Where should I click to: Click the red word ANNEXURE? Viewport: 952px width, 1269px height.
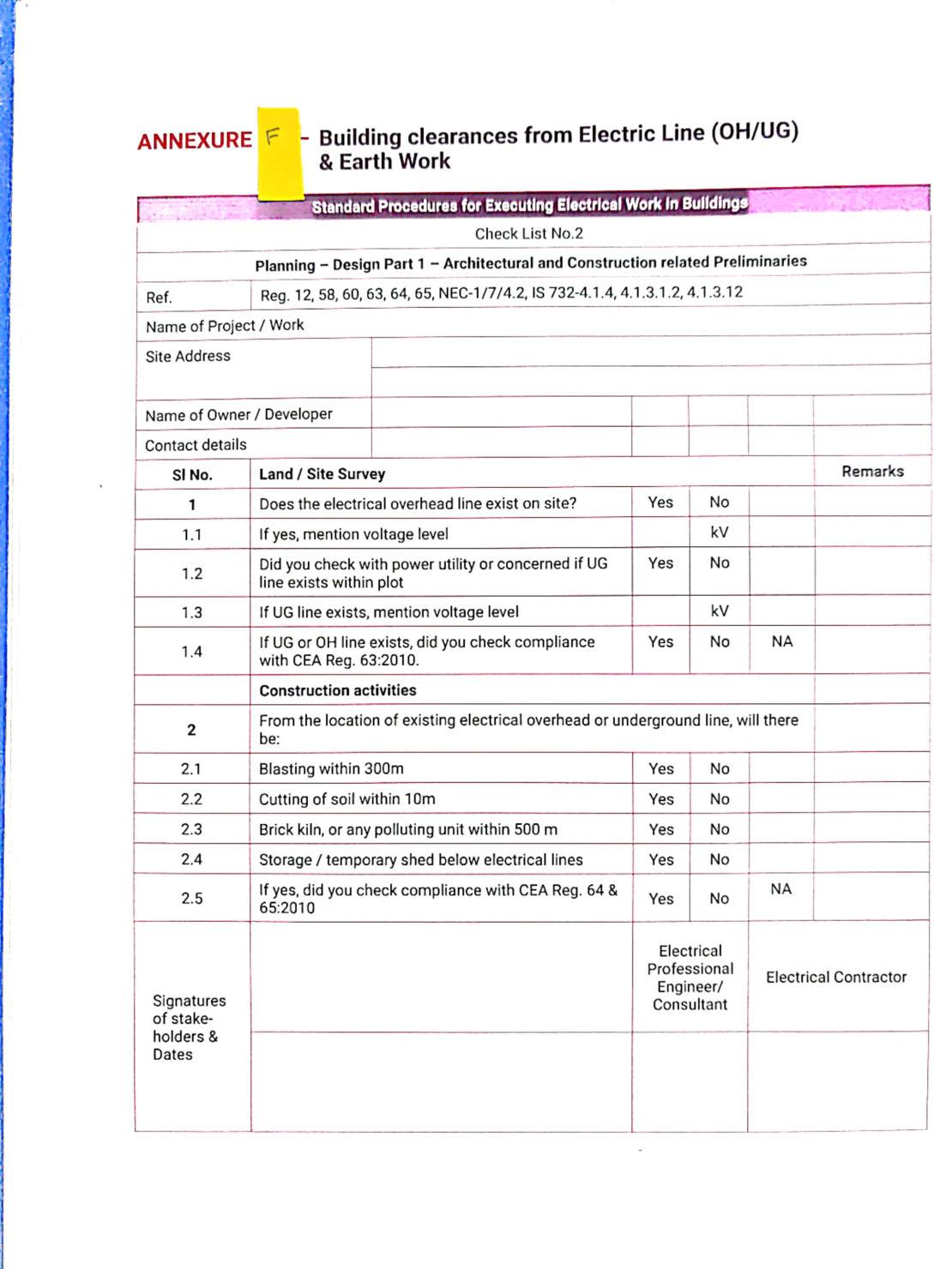coord(194,141)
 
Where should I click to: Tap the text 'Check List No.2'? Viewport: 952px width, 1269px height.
coord(528,233)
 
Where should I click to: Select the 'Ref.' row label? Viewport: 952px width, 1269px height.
coord(159,298)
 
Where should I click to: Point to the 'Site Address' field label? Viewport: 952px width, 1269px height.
coord(188,356)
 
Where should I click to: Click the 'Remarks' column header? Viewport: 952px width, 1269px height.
coord(872,472)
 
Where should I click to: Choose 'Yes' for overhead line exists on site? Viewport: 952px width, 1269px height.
coord(660,502)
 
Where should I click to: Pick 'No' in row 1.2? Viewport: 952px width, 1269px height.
coord(719,562)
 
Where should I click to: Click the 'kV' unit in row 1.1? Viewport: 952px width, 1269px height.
coord(719,532)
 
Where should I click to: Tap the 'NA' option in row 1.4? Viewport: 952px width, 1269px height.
coord(781,641)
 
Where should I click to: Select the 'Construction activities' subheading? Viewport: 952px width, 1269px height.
coord(337,690)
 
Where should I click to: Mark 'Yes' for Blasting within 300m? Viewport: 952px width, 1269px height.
coord(660,769)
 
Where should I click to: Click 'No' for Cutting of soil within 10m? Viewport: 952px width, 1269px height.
coord(719,799)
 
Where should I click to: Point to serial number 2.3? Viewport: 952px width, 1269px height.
coord(191,829)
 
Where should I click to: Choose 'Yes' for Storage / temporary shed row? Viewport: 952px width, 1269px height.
coord(660,859)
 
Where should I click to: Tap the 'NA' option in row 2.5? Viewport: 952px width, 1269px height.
coord(780,889)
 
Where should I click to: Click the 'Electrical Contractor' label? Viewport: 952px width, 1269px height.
coord(836,977)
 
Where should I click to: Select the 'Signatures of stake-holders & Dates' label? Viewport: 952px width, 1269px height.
coord(189,1027)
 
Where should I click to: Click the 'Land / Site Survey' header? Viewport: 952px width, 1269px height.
coord(322,474)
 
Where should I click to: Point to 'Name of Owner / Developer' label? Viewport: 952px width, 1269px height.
coord(238,415)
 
